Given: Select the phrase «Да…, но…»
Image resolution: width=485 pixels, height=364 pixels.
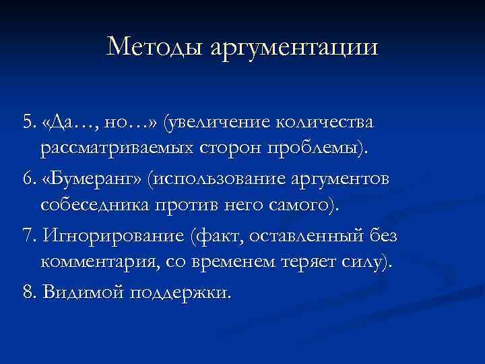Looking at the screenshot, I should click(x=104, y=122).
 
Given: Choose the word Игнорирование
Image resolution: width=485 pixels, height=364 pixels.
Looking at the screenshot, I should click(x=113, y=236).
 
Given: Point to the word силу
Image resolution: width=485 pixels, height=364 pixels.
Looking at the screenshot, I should click(x=361, y=262).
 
